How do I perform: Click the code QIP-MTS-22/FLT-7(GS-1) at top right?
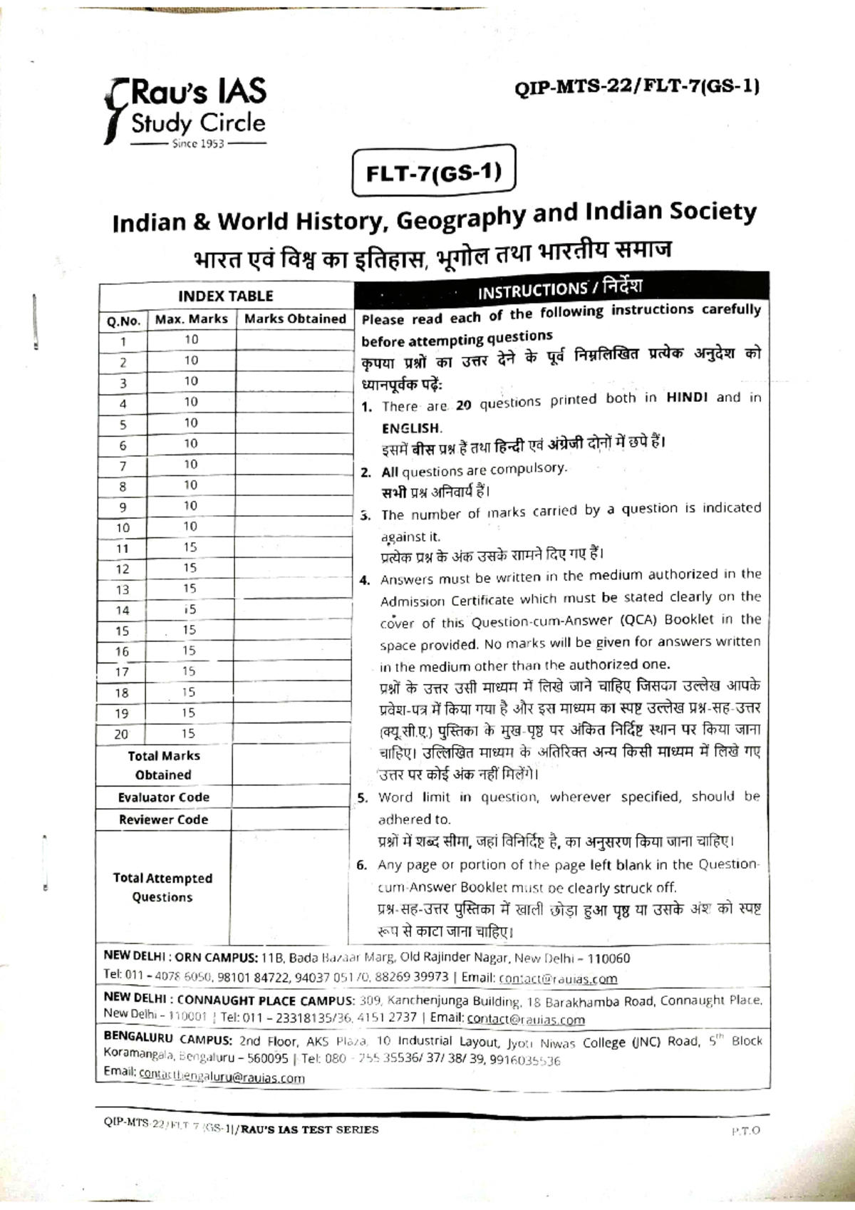[x=636, y=88]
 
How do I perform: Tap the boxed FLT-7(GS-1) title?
[x=433, y=173]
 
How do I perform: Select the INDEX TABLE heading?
[x=225, y=296]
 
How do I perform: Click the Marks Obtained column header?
[x=294, y=319]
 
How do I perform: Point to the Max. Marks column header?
[x=191, y=319]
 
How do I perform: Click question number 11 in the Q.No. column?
[x=123, y=549]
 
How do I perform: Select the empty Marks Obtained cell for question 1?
[x=294, y=341]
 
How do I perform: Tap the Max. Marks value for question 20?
[x=188, y=733]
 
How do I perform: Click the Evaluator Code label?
[x=163, y=797]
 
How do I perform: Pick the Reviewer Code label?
[x=163, y=819]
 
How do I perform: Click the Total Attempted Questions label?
[x=162, y=888]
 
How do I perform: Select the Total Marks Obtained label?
[x=163, y=765]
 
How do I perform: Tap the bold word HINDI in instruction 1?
[x=687, y=398]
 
